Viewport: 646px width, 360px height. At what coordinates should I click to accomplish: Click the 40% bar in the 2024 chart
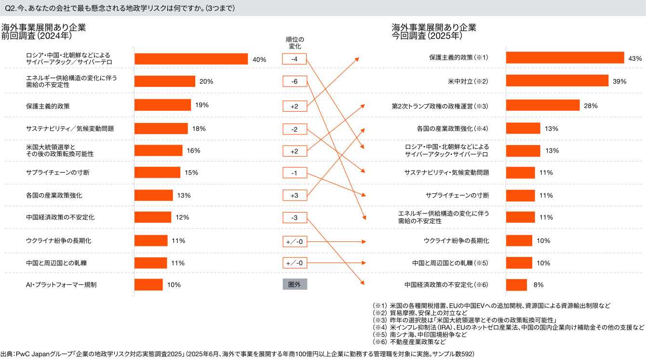191,59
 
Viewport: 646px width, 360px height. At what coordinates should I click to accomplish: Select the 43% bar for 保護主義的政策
565,58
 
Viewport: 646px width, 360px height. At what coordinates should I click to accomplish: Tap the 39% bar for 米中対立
557,81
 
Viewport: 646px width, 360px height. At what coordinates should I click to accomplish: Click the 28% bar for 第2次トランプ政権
543,105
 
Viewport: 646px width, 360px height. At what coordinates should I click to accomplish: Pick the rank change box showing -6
295,82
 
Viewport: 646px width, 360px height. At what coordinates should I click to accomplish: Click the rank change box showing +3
295,195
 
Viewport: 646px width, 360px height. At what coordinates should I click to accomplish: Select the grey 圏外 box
295,284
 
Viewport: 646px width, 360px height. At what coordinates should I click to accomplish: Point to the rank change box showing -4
295,59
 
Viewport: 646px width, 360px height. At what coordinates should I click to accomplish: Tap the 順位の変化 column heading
295,43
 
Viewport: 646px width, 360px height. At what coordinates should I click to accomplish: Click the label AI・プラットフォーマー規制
61,285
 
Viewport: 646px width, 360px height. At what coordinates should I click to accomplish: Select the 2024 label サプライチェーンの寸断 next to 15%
57,173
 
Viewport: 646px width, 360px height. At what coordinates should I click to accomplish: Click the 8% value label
538,285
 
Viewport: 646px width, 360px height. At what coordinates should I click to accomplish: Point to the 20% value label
206,81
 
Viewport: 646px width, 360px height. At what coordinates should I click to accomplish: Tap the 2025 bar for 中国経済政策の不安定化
516,285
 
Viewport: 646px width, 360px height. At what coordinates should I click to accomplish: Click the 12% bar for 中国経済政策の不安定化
153,217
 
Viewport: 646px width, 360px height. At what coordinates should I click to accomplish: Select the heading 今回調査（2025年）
427,36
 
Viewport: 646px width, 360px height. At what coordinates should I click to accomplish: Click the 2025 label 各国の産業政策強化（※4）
452,129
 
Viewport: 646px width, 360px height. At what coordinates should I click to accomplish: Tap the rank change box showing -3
295,218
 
